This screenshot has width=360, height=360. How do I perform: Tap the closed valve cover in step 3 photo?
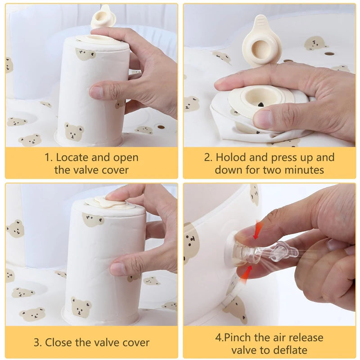(110, 202)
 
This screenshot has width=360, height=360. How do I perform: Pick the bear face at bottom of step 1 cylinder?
(74, 131)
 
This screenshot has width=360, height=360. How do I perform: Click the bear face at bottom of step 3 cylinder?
(81, 307)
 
